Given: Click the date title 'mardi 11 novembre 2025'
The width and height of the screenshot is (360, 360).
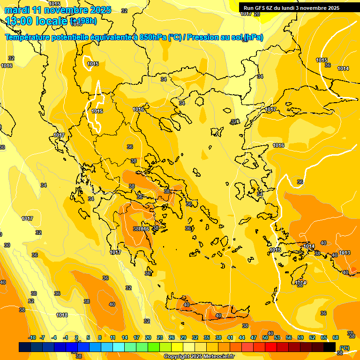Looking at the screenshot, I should pyautogui.click(x=58, y=10).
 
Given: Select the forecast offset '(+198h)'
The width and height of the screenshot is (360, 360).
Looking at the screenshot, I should pyautogui.click(x=83, y=21).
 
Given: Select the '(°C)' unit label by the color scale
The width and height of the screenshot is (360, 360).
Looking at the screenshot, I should pyautogui.click(x=344, y=348).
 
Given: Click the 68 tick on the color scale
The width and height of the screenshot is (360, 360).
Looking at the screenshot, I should pyautogui.click(x=336, y=337).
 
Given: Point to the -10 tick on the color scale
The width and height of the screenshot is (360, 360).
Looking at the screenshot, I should pyautogui.click(x=32, y=337).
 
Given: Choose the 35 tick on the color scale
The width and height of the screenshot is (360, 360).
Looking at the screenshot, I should pyautogui.click(x=207, y=337).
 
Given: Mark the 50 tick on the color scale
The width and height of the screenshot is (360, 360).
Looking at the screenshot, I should pyautogui.click(x=265, y=337).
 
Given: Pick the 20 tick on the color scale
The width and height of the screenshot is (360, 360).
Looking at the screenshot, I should pyautogui.click(x=148, y=337).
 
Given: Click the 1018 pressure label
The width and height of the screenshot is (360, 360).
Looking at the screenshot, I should pyautogui.click(x=62, y=315).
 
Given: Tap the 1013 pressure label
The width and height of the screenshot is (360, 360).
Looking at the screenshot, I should pyautogui.click(x=345, y=253).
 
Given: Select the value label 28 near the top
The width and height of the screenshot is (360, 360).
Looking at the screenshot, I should pyautogui.click(x=256, y=14).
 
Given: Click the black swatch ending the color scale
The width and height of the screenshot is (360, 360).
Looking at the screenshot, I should pyautogui.click(x=330, y=347).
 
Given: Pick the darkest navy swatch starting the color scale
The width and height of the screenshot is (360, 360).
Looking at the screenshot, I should pyautogui.click(x=25, y=347).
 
